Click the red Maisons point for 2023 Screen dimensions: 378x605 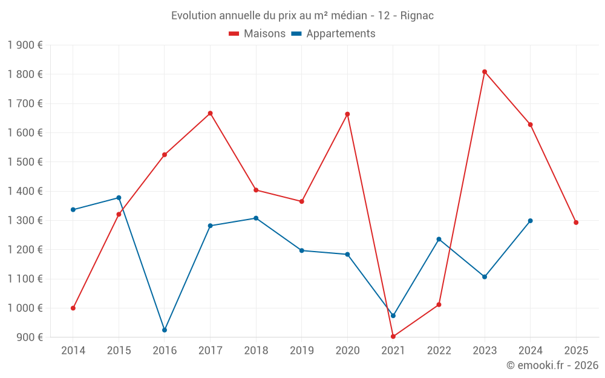(485, 72)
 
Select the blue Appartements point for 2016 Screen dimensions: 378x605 (165, 330)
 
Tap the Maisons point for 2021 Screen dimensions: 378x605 (393, 336)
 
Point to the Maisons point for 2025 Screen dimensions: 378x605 (576, 223)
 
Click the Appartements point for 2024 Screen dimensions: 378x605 (531, 221)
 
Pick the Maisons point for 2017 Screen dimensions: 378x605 (210, 113)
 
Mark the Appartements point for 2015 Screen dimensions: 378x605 (119, 198)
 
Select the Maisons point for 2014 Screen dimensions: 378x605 (73, 308)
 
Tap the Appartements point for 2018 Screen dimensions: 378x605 (256, 218)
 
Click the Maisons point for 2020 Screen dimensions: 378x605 (347, 114)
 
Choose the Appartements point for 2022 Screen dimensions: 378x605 (439, 240)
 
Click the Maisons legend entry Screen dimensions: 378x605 (257, 34)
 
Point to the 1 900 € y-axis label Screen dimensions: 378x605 (25, 45)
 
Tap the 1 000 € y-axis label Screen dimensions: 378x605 (25, 308)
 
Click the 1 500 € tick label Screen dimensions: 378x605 (25, 162)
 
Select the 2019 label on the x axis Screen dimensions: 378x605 (301, 350)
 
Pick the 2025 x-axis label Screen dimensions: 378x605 (576, 350)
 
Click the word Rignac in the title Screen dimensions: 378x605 (417, 16)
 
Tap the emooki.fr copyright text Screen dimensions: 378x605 (552, 365)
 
